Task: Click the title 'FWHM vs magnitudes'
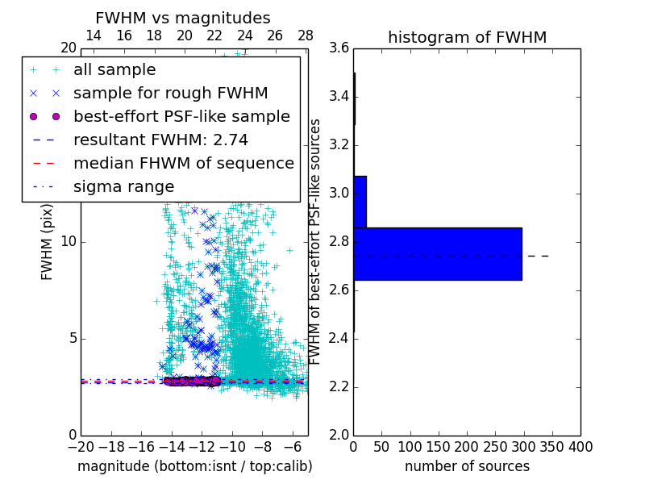[183, 18]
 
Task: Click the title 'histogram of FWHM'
[467, 37]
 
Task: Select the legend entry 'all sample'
[114, 70]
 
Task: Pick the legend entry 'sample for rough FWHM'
[170, 94]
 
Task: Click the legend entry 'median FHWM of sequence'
[183, 164]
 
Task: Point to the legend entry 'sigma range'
[123, 187]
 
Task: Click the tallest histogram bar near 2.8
[438, 253]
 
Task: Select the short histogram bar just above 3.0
[360, 202]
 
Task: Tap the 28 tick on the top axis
[306, 36]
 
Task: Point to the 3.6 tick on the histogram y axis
[339, 48]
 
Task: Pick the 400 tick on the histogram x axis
[580, 447]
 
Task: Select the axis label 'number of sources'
[467, 466]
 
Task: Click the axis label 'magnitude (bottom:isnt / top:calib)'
[194, 466]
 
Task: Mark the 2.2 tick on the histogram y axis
[339, 387]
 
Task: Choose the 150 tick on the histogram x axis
[439, 447]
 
